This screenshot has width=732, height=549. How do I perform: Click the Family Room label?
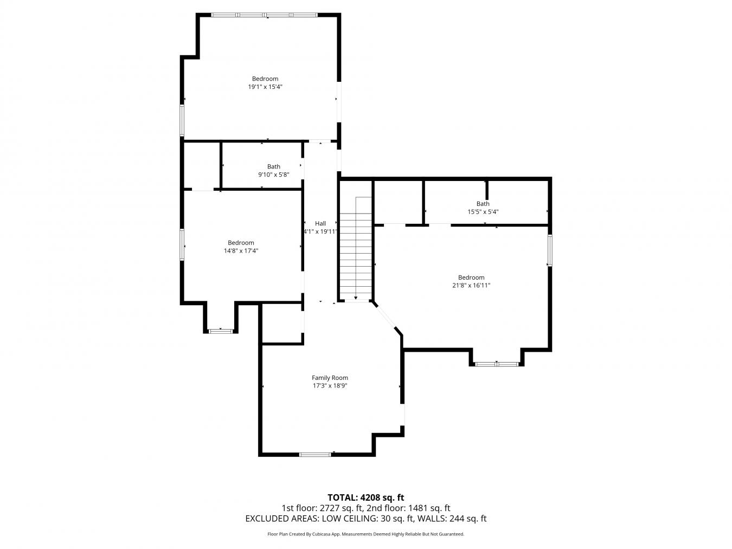pyautogui.click(x=330, y=378)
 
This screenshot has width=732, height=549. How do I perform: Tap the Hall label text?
pyautogui.click(x=320, y=223)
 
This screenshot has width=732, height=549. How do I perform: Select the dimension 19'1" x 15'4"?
pyautogui.click(x=265, y=87)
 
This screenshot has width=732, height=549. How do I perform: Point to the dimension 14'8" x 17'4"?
pyautogui.click(x=241, y=251)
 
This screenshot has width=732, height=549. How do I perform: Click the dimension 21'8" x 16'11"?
pyautogui.click(x=471, y=285)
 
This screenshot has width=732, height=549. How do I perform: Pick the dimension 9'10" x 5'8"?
pyautogui.click(x=273, y=175)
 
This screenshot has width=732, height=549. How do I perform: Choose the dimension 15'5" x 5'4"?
pyautogui.click(x=483, y=212)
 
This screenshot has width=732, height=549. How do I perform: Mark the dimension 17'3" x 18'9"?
pyautogui.click(x=330, y=386)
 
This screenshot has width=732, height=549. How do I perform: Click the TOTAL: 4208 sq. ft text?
pyautogui.click(x=365, y=498)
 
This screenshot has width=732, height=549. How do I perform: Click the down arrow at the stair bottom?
pyautogui.click(x=356, y=298)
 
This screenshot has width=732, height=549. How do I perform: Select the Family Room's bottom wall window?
pyautogui.click(x=315, y=455)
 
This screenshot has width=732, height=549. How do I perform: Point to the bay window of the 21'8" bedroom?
pyautogui.click(x=497, y=364)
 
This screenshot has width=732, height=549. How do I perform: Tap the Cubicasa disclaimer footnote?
pyautogui.click(x=365, y=534)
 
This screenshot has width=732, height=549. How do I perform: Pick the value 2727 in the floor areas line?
pyautogui.click(x=330, y=508)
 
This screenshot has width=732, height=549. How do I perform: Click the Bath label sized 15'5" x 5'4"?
pyautogui.click(x=483, y=204)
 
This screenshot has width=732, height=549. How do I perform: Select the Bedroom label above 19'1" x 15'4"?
pyautogui.click(x=265, y=79)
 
